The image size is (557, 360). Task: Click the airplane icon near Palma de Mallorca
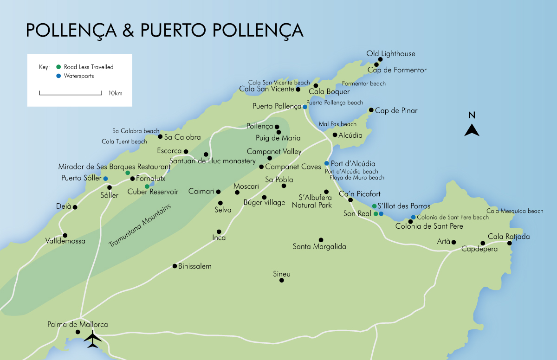click(x=93, y=340)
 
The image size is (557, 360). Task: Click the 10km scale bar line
click(x=71, y=94)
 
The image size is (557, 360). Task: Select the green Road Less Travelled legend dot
click(x=58, y=67)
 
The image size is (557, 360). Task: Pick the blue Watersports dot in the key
click(x=58, y=76)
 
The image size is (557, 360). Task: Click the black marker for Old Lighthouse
click(x=380, y=59)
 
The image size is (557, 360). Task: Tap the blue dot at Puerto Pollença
click(x=305, y=107)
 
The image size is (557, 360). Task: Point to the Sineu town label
click(x=282, y=274)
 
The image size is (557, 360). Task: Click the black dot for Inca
click(x=219, y=231)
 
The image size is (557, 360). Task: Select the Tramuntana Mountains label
click(x=140, y=226)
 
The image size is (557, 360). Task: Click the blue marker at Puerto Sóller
click(x=105, y=179)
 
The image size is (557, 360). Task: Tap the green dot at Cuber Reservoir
click(x=147, y=186)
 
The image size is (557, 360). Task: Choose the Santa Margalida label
click(x=319, y=247)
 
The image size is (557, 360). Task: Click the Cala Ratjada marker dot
click(x=509, y=243)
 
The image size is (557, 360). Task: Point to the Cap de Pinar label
click(x=396, y=111)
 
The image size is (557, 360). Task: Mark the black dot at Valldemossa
click(x=65, y=235)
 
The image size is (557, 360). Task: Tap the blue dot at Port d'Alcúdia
click(x=327, y=163)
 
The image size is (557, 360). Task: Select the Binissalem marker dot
click(x=175, y=266)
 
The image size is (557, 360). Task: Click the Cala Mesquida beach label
click(x=515, y=211)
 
